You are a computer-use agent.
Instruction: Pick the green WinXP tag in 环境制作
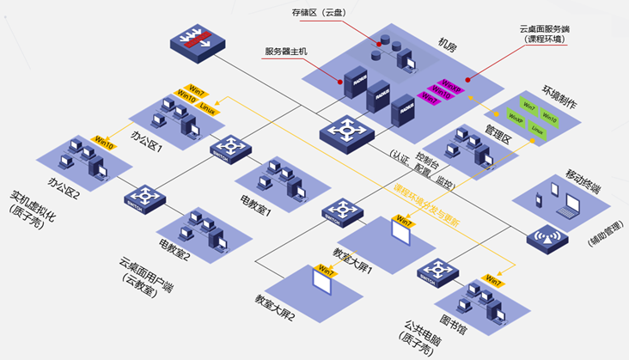click(x=516, y=118)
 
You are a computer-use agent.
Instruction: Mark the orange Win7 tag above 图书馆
click(x=493, y=279)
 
